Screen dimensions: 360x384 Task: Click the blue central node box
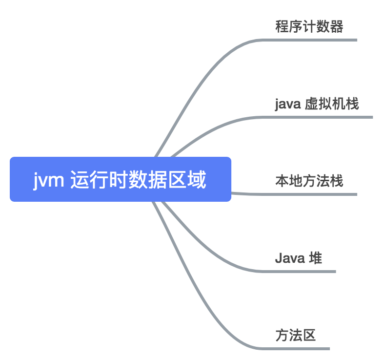[121, 179]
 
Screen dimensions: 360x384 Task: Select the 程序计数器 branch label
[309, 26]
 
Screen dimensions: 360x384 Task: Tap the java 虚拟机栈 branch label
[317, 104]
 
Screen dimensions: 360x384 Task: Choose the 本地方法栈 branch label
[309, 181]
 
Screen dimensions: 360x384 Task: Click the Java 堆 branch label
[298, 258]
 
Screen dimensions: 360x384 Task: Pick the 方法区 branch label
[296, 336]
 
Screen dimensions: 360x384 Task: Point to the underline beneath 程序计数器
[312, 40]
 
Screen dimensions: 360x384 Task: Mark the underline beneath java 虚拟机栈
[322, 117]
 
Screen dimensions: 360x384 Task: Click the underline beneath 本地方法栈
[312, 194]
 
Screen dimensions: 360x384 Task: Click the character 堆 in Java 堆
[315, 258]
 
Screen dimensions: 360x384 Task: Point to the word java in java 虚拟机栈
[288, 105]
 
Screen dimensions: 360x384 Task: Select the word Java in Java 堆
[290, 258]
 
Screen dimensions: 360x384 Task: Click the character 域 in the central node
[198, 180]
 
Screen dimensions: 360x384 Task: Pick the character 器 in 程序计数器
[337, 26]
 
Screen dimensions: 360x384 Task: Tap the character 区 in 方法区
[309, 336]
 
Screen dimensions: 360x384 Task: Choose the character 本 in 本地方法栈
[282, 181]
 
